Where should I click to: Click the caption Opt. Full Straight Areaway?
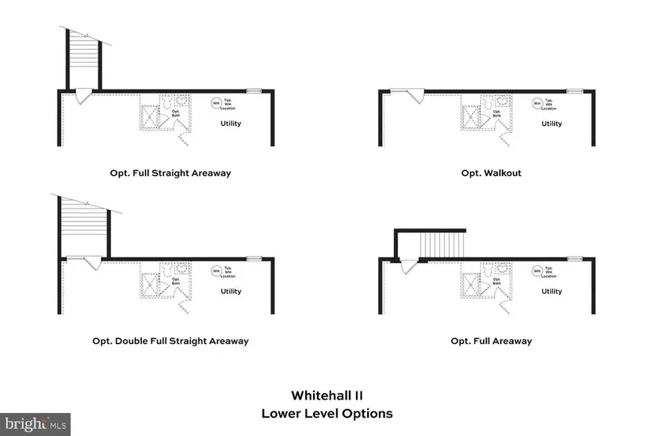(x=170, y=173)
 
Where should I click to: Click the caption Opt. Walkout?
(x=491, y=173)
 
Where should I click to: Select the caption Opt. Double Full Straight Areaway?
(x=170, y=341)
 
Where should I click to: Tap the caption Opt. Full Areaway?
(x=491, y=341)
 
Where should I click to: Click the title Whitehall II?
(x=327, y=395)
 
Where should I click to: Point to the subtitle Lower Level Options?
(x=327, y=413)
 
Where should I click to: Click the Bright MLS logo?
(x=35, y=423)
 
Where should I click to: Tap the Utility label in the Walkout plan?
(x=552, y=124)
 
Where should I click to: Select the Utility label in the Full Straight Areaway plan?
(x=231, y=124)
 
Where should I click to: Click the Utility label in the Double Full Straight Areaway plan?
(x=231, y=292)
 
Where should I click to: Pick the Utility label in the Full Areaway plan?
(x=552, y=292)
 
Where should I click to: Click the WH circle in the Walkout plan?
(x=537, y=103)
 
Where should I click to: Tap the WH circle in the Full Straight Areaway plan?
(x=216, y=103)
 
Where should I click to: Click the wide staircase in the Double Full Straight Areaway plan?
(x=83, y=226)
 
